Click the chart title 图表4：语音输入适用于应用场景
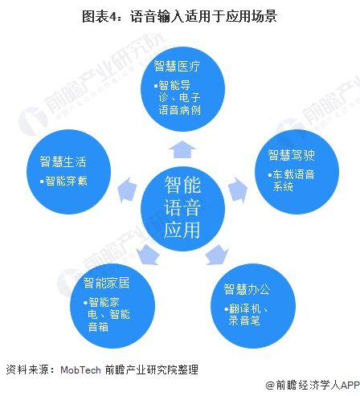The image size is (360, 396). (179, 16)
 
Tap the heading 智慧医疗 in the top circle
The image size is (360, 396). (177, 66)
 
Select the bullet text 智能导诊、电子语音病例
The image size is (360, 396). (178, 98)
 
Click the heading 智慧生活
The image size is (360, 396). (63, 161)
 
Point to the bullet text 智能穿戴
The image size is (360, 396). (63, 181)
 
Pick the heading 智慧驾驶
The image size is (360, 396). (292, 155)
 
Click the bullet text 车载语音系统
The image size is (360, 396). (292, 181)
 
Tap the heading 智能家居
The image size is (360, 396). (106, 283)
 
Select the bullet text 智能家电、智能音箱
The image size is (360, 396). (107, 315)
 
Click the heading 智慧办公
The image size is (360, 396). (247, 289)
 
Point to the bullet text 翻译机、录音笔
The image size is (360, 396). (246, 315)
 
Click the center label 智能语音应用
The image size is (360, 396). (182, 207)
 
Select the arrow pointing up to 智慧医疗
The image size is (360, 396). (182, 149)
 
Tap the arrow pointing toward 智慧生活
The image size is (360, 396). (127, 190)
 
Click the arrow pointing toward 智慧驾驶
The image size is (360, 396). (238, 190)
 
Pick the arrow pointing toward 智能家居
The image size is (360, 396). (148, 255)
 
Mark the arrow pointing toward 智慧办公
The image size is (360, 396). (217, 255)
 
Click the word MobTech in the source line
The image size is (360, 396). (80, 370)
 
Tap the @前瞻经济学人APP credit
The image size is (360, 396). (313, 386)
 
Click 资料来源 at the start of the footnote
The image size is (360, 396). (27, 370)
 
